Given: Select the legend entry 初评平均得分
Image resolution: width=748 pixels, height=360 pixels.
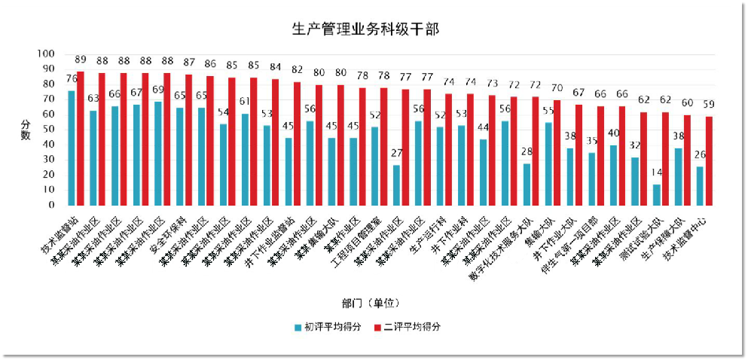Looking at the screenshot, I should click(x=332, y=327).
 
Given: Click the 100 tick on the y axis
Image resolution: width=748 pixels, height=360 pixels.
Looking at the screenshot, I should click(x=47, y=53).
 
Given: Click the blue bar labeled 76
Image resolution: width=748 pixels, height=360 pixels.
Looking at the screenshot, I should click(x=72, y=148).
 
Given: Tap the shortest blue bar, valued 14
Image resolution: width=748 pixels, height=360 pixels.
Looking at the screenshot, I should click(x=657, y=194).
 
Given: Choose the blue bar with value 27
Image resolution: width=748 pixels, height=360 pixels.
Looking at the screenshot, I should click(x=396, y=185).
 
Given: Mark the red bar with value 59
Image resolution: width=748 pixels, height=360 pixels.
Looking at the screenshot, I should click(x=709, y=160).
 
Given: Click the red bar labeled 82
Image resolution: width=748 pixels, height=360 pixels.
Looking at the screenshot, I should click(x=298, y=143).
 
